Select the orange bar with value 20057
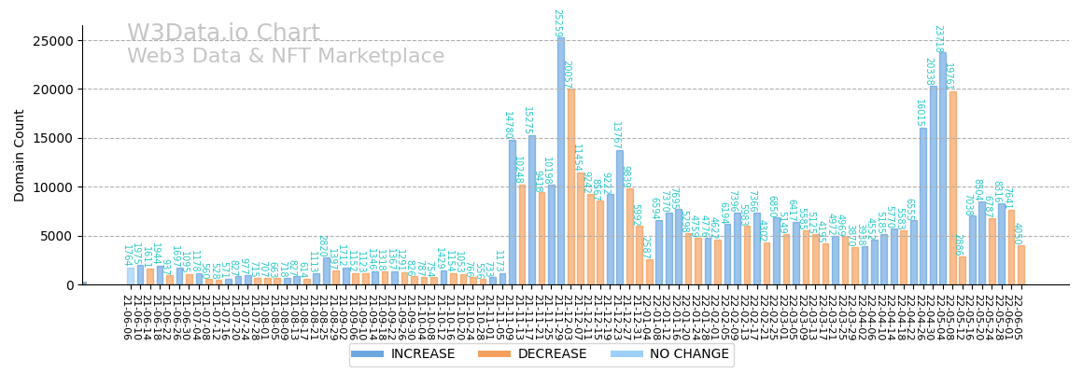point(571,186)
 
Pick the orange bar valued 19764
point(952,187)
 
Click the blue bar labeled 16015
point(923,206)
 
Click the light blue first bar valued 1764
point(131,276)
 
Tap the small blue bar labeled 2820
point(327,271)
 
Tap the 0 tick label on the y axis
point(69,285)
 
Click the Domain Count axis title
point(20,155)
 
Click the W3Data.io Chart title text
point(223,34)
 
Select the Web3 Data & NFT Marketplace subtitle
point(286,56)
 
